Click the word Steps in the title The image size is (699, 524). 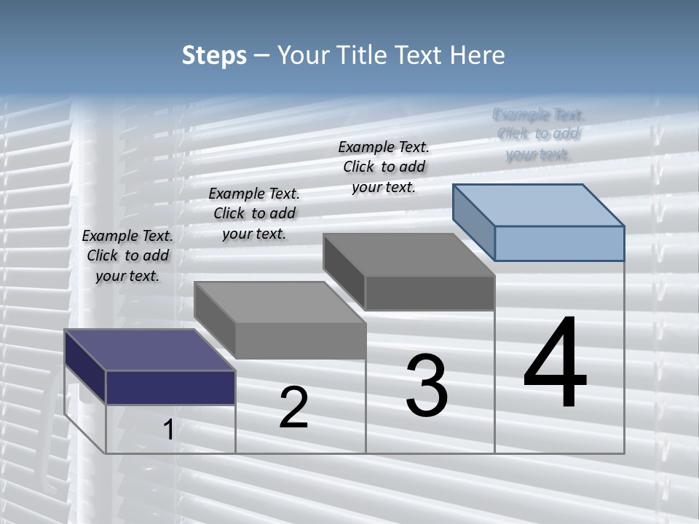tap(214, 55)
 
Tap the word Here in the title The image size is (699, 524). tap(478, 55)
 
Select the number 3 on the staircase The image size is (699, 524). tap(427, 385)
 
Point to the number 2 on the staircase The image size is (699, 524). tap(293, 408)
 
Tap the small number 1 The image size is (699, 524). tap(168, 430)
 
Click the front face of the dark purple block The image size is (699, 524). tap(170, 387)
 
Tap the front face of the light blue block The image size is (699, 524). tap(559, 243)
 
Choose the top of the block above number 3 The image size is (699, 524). tap(408, 254)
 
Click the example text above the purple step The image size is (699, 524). tap(127, 255)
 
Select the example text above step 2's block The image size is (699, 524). tap(254, 213)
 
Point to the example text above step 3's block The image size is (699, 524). tap(384, 167)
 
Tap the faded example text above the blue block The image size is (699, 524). tap(538, 134)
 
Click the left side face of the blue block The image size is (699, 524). tap(473, 223)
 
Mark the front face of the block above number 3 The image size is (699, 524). tap(430, 293)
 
